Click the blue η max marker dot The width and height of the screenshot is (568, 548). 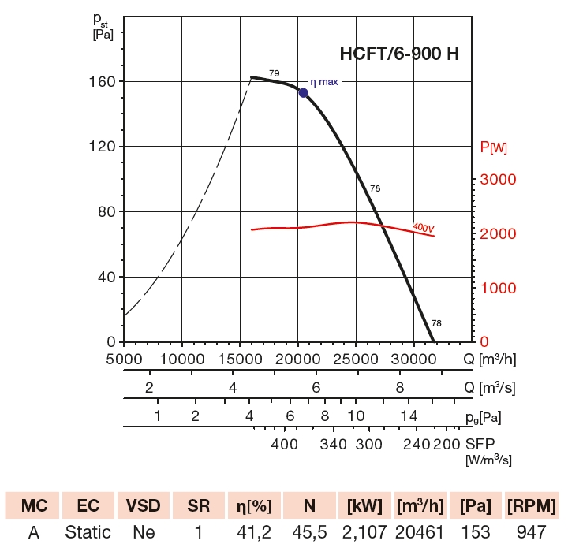pyautogui.click(x=303, y=93)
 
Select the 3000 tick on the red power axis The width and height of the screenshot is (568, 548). pyautogui.click(x=498, y=180)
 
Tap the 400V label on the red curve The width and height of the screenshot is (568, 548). pyautogui.click(x=424, y=228)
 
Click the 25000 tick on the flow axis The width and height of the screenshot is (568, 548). pyautogui.click(x=356, y=359)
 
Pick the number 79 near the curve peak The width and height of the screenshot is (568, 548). pyautogui.click(x=274, y=73)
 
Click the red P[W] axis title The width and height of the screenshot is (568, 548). pyautogui.click(x=494, y=147)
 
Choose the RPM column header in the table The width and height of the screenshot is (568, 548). pyautogui.click(x=532, y=505)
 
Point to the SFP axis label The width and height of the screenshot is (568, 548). pyautogui.click(x=483, y=444)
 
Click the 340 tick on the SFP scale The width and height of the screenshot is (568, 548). pyautogui.click(x=334, y=444)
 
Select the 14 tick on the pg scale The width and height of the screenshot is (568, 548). pyautogui.click(x=408, y=416)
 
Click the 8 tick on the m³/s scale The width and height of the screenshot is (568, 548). pyautogui.click(x=400, y=387)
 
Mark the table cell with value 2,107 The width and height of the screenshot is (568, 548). pyautogui.click(x=364, y=533)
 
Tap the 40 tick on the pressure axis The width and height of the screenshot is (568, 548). pyautogui.click(x=106, y=278)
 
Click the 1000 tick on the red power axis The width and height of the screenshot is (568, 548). pyautogui.click(x=498, y=289)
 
